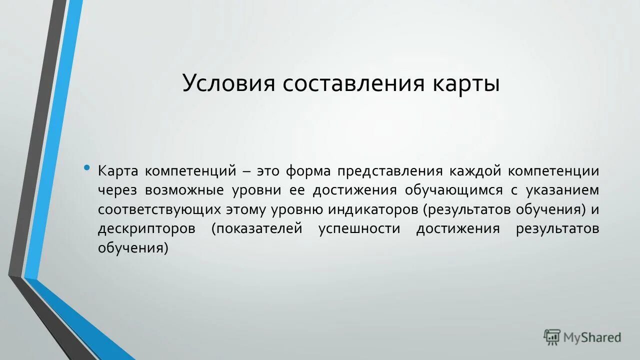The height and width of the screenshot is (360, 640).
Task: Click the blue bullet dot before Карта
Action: point(87,167)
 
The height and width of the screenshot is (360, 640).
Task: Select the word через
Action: point(117,190)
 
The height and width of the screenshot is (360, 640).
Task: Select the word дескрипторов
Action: point(147,229)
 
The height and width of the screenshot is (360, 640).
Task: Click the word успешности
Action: point(359,229)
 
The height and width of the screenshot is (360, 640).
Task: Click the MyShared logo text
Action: point(592,337)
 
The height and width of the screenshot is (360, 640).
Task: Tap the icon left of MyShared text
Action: point(552,337)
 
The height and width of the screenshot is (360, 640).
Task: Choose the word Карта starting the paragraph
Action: point(117,171)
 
